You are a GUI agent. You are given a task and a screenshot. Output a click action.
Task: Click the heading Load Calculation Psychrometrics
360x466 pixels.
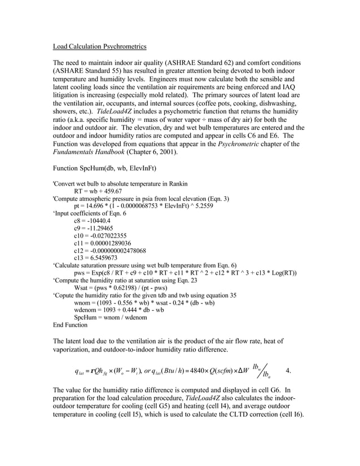pos(99,46)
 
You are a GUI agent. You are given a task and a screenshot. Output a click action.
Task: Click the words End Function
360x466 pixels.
pos(70,325)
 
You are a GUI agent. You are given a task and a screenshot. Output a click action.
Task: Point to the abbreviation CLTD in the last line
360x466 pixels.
pos(242,414)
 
